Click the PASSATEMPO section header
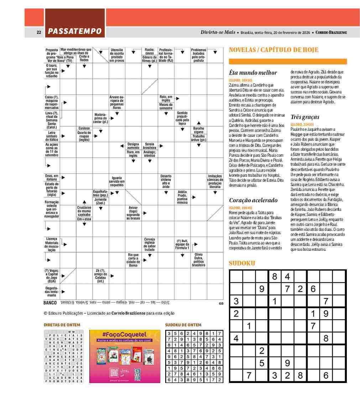pos(75,31)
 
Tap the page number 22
pos(39,32)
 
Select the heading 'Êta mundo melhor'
pos(252,73)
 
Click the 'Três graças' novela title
pos(305,117)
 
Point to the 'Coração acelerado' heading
pos(253,200)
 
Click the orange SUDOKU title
pos(242,263)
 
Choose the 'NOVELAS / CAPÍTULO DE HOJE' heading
pos(273,50)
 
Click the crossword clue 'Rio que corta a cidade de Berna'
pos(133,260)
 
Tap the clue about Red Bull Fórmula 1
pos(182,244)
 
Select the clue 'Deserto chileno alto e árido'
pos(166,181)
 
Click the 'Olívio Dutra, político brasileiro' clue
pos(198,260)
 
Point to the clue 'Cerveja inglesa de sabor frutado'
pos(150,244)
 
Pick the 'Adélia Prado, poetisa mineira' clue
pos(182,197)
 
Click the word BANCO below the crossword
pos(50,303)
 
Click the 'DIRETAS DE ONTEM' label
pos(62,325)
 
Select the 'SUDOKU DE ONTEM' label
pos(183,325)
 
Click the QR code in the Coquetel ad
pos(114,373)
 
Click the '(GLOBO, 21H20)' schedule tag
pos(302,124)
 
